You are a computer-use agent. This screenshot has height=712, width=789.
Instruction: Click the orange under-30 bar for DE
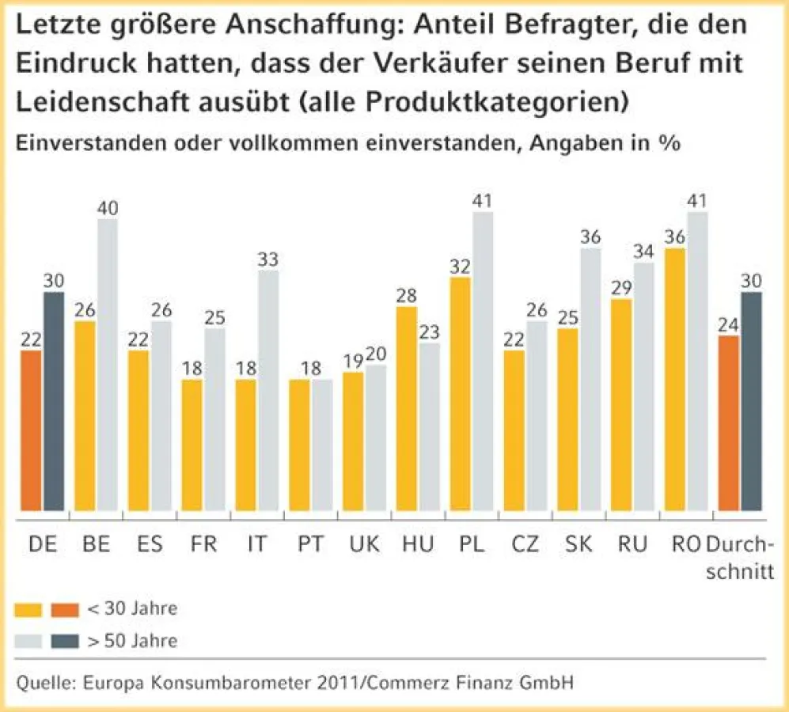[32, 430]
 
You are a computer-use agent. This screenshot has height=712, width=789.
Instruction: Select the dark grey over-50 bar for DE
[54, 401]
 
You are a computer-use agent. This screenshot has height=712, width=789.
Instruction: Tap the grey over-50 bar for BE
[108, 365]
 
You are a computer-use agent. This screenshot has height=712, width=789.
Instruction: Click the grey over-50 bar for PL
[482, 361]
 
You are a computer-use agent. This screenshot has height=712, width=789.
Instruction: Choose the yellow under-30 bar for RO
[675, 379]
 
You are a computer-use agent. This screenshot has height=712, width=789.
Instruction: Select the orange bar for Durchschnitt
[728, 423]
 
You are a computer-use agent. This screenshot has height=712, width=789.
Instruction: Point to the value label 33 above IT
[267, 259]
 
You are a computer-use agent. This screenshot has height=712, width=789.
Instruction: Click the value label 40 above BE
[108, 208]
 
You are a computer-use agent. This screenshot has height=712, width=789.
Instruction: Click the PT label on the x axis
[310, 544]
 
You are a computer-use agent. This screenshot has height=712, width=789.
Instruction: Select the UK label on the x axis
[364, 544]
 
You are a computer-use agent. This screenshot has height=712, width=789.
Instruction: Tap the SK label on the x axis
[578, 544]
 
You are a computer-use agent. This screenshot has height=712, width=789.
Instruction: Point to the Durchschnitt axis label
[739, 557]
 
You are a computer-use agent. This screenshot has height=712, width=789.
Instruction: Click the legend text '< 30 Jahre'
[132, 609]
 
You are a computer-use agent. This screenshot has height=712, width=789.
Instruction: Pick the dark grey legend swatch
[65, 641]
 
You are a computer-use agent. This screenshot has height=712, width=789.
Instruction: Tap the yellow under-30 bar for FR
[192, 445]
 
